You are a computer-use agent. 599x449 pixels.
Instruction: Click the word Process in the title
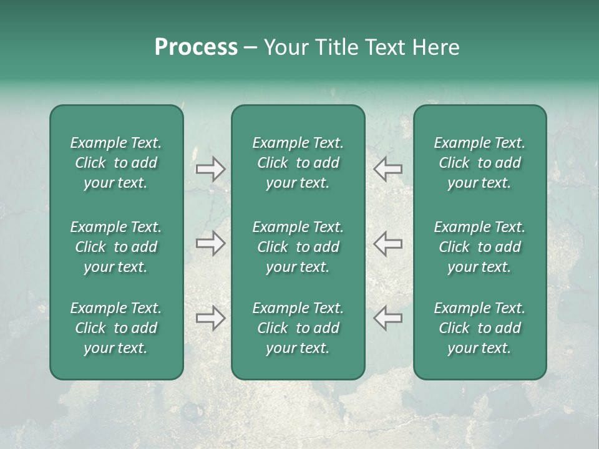[196, 47]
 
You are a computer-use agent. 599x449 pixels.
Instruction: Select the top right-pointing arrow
[211, 169]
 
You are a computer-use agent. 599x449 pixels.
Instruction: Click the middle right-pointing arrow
[211, 243]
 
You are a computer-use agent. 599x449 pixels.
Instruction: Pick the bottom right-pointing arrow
[211, 318]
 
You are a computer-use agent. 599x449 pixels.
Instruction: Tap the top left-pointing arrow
[387, 168]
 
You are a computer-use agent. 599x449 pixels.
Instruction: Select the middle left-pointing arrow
[387, 243]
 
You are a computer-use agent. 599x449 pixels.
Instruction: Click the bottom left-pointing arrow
[387, 317]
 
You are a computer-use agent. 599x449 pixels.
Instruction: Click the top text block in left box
[116, 163]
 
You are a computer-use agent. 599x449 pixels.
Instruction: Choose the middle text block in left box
[116, 247]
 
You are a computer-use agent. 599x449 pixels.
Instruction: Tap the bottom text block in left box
[116, 328]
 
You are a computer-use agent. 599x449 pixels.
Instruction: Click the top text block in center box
[298, 163]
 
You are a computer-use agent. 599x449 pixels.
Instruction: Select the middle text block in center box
[298, 247]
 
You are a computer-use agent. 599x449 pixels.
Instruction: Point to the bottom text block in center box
[298, 328]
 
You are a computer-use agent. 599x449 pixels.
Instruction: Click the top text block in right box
[479, 163]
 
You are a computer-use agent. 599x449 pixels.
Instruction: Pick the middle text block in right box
[479, 247]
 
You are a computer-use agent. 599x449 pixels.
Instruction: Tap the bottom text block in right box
[479, 328]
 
